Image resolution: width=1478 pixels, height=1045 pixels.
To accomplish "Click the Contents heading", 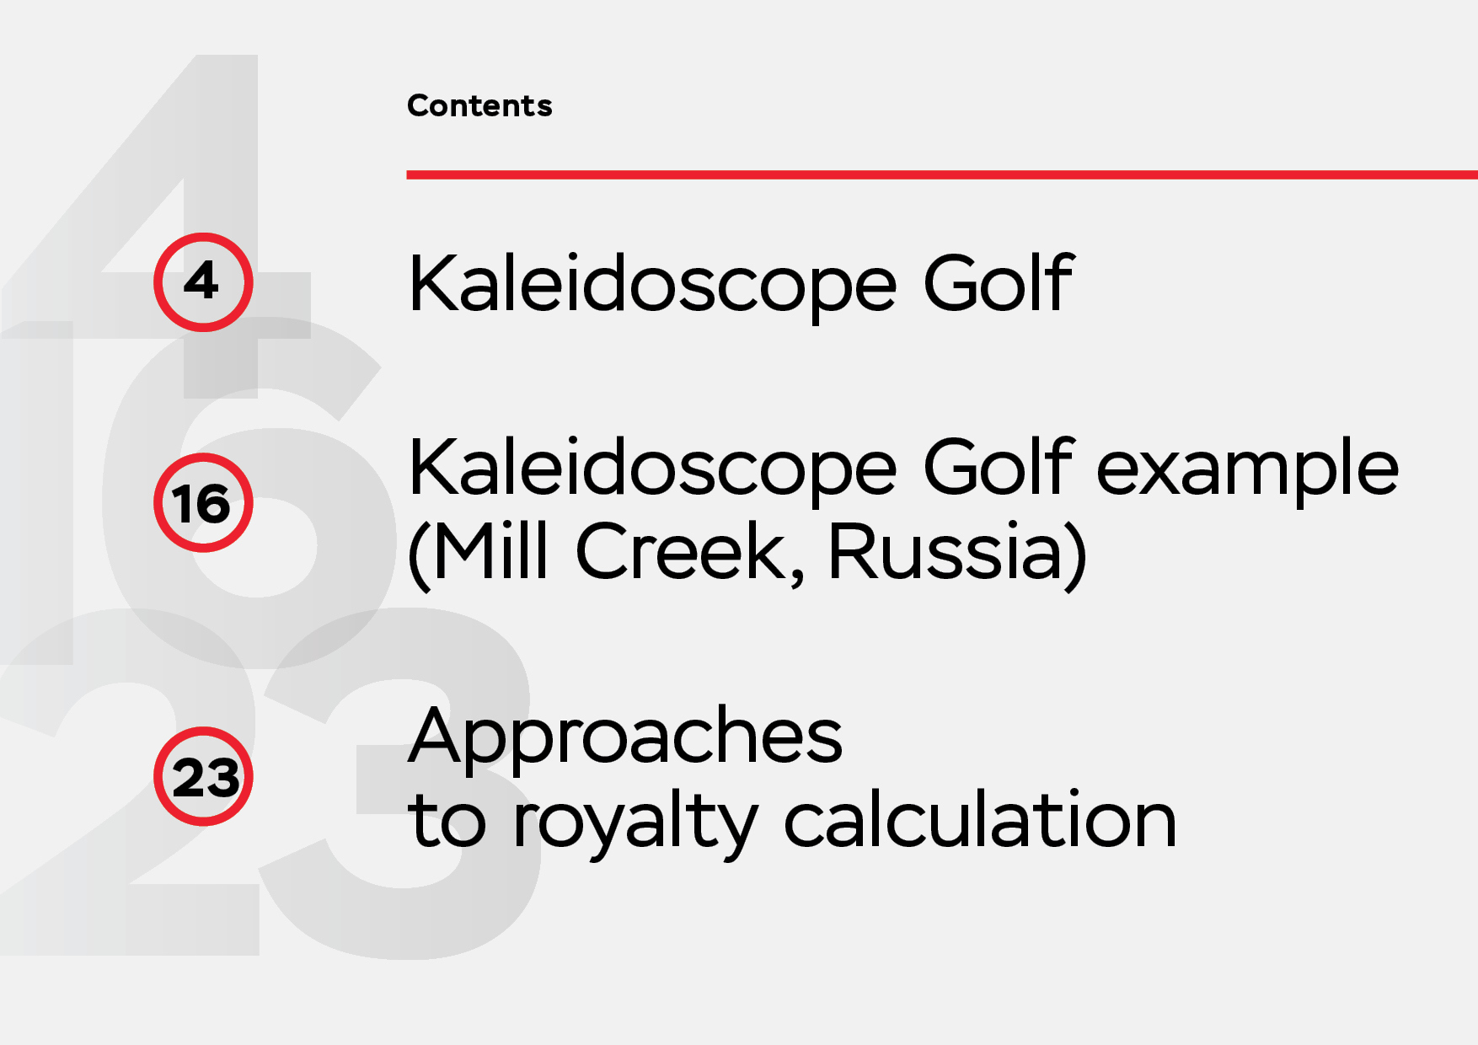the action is (x=479, y=105).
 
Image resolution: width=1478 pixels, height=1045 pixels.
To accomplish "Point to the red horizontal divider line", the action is (x=942, y=174).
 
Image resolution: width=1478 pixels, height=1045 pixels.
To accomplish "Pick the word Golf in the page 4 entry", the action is (x=999, y=282).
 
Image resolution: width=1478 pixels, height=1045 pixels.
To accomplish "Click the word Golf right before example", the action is (x=999, y=467).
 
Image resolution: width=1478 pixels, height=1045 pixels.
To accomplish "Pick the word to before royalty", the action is (x=447, y=820).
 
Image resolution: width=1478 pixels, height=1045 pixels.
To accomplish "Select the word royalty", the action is (x=635, y=824).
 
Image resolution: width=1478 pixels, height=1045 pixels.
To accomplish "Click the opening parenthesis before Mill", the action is (x=420, y=555).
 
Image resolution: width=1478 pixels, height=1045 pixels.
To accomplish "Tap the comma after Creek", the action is (x=797, y=577).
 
